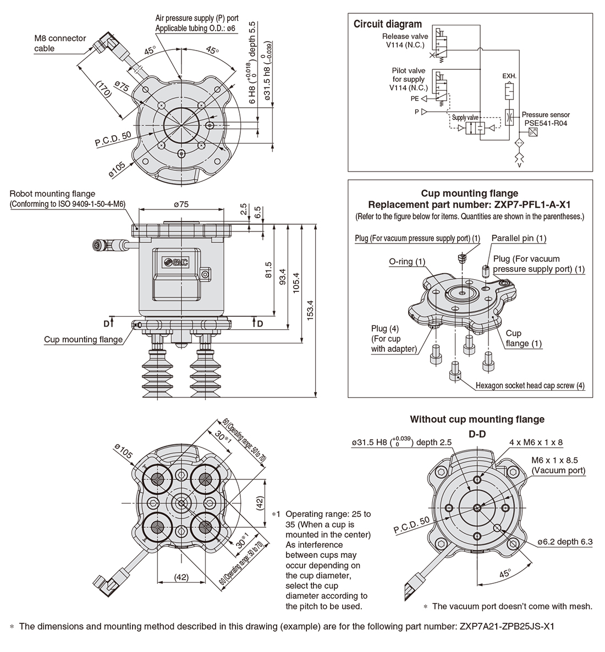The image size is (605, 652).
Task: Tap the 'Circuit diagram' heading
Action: tap(387, 24)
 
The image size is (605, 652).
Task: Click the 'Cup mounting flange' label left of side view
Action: tap(84, 340)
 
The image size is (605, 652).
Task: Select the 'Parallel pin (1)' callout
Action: tap(519, 238)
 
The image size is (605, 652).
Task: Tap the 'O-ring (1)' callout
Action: tap(407, 262)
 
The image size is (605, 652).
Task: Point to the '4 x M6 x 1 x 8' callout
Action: tap(536, 442)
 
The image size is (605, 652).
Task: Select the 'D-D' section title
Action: tap(477, 434)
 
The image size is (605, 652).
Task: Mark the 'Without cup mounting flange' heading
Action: tap(477, 419)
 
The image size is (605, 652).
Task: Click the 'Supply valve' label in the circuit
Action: tap(465, 118)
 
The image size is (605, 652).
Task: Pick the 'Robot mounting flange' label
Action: tap(52, 194)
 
